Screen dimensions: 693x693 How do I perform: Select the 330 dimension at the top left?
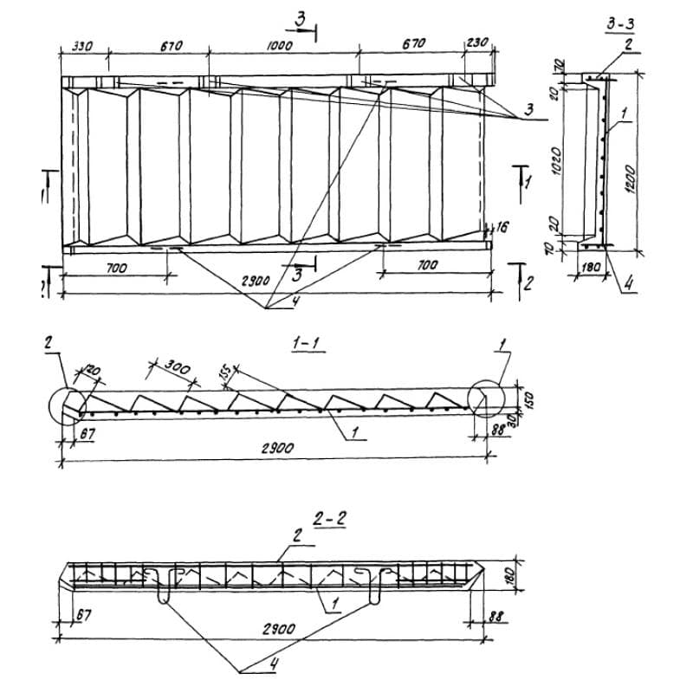coord(83,46)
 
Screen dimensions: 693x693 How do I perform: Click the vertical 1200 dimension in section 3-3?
coord(631,179)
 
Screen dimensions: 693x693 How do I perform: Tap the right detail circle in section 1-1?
coord(483,398)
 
